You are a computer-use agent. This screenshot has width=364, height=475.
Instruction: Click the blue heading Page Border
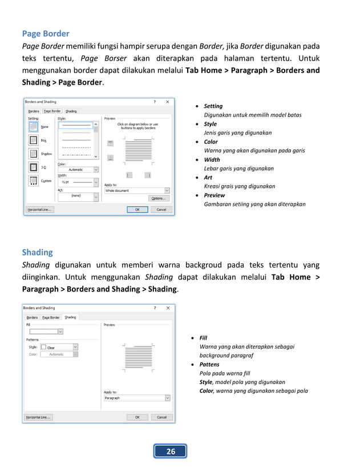tap(46, 34)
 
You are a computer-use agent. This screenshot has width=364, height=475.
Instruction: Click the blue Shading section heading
tap(37, 252)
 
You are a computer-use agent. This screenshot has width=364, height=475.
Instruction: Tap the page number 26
tap(171, 452)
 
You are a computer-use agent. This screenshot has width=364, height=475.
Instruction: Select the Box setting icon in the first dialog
tap(34, 140)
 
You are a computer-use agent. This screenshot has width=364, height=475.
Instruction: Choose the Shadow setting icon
tap(34, 154)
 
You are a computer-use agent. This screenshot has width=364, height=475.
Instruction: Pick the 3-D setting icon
tap(34, 167)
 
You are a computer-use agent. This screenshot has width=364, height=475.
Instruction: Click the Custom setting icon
tap(34, 181)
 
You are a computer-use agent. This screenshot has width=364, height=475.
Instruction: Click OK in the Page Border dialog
tap(137, 210)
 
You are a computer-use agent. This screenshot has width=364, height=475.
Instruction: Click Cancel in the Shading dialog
tap(161, 417)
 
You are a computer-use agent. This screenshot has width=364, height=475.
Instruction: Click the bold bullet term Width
tap(212, 160)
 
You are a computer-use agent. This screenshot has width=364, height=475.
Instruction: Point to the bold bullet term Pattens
tap(209, 364)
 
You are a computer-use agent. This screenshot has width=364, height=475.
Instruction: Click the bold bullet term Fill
tap(203, 338)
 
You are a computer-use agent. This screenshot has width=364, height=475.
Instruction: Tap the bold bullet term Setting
tap(213, 106)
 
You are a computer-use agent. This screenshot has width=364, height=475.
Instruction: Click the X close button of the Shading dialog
tap(167, 308)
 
